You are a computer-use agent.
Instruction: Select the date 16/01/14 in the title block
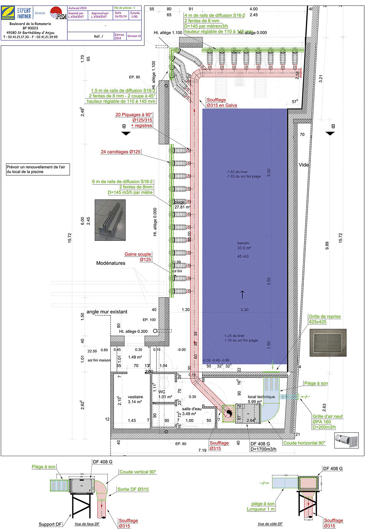(x=120, y=16)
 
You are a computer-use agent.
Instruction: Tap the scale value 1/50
(x=134, y=16)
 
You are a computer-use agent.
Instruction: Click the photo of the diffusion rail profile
(x=110, y=220)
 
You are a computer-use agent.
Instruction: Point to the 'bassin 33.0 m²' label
(x=244, y=246)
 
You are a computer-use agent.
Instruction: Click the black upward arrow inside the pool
(x=242, y=294)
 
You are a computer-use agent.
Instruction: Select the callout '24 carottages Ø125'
(x=120, y=152)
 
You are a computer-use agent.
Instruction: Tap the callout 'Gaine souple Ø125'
(x=138, y=257)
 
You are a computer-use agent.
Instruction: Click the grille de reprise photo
(x=328, y=343)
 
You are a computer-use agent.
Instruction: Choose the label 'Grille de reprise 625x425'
(x=324, y=319)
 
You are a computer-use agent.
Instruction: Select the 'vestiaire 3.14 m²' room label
(x=135, y=399)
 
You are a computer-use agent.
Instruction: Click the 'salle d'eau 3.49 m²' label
(x=192, y=411)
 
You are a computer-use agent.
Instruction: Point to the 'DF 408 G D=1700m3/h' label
(x=263, y=446)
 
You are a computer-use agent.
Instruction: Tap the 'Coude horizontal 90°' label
(x=304, y=443)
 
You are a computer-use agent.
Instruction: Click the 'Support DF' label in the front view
(x=50, y=524)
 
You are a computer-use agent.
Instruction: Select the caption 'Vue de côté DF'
(x=270, y=524)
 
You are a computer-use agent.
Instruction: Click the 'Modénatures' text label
(x=111, y=263)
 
